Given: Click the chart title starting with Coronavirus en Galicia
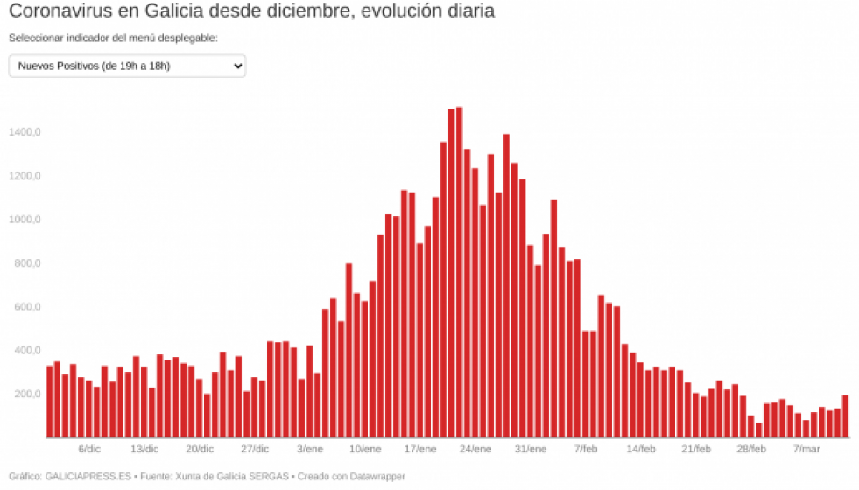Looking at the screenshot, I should [x=251, y=12].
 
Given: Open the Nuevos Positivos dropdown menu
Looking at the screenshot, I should [x=127, y=66].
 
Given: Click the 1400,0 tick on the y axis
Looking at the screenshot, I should [x=25, y=132].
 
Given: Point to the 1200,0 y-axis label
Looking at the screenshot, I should [x=25, y=176].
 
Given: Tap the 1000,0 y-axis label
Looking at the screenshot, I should [x=25, y=220].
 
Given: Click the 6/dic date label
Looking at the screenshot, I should [x=89, y=449].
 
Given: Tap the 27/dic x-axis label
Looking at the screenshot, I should [x=255, y=449].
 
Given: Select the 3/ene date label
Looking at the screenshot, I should [x=310, y=449].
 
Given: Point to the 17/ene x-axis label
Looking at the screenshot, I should [x=420, y=449].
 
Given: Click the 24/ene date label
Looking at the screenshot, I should [x=475, y=449].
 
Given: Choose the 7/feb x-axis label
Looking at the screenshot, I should [x=586, y=449].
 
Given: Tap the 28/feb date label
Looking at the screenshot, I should [x=751, y=449].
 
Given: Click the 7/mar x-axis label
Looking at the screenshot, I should [x=806, y=449].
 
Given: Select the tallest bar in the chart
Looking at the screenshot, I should [x=459, y=272].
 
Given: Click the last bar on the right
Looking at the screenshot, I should [x=845, y=416].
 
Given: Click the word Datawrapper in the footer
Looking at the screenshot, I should [x=377, y=477].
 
